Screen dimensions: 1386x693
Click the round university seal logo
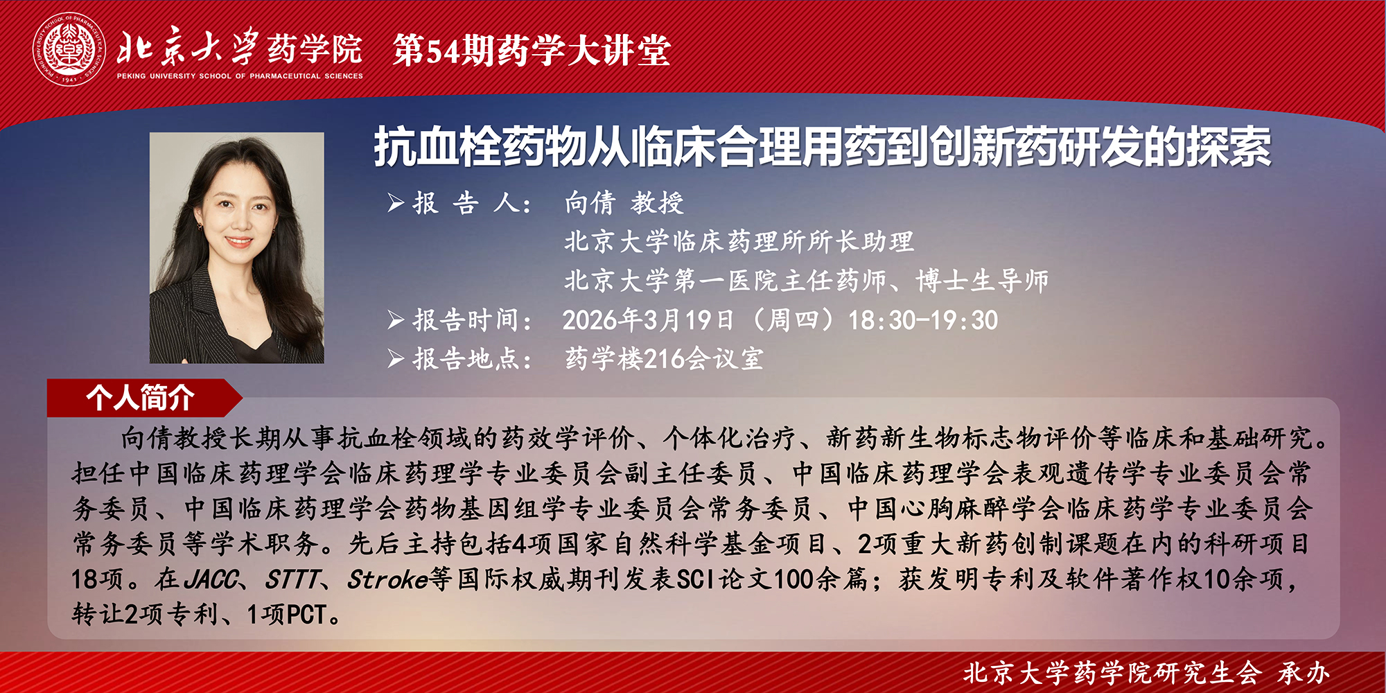(x=69, y=51)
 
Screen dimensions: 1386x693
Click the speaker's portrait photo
(x=237, y=248)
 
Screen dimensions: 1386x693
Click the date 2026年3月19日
(x=648, y=320)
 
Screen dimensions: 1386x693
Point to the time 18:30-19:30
(x=923, y=320)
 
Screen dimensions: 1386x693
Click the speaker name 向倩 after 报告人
(x=590, y=203)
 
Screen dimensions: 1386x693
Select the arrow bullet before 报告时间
(x=396, y=320)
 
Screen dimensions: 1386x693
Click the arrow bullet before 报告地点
(x=396, y=359)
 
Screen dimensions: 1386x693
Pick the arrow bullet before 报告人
(x=396, y=203)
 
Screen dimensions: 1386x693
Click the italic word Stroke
(x=387, y=579)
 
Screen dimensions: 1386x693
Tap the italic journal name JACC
(x=212, y=579)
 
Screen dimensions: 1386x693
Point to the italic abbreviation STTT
(x=293, y=579)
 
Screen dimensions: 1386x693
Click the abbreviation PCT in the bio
(x=306, y=615)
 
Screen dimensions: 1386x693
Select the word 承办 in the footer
(x=1304, y=672)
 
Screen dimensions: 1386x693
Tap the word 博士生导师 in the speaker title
(x=982, y=281)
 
